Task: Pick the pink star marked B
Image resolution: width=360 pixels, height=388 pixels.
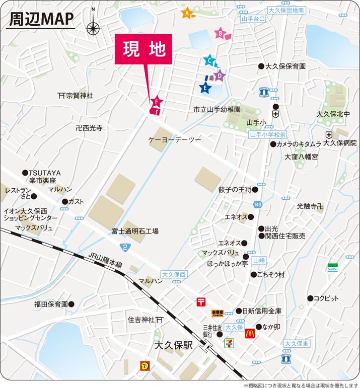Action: click(x=221, y=34)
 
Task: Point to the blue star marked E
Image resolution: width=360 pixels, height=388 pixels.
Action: click(x=204, y=88)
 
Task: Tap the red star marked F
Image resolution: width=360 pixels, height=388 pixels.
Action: click(x=157, y=102)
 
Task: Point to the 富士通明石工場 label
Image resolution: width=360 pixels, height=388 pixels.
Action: click(x=135, y=231)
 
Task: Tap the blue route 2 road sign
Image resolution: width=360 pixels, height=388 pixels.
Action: click(x=124, y=247)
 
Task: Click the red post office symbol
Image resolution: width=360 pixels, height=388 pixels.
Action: click(x=201, y=302)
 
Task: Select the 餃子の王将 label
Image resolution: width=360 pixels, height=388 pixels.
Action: click(x=234, y=190)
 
